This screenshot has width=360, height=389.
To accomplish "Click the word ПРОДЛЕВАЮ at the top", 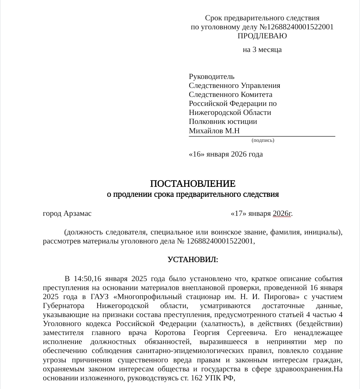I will pos(262,36).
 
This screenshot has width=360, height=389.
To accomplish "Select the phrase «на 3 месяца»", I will pos(262,50).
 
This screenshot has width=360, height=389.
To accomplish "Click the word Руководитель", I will pos(211,77).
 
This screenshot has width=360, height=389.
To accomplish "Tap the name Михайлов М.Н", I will pos(214,131).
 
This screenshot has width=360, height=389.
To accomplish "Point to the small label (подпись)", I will pos(263,140).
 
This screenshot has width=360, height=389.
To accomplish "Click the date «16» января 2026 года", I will pos(226,154).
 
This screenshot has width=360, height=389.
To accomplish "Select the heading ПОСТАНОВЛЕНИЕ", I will pos(193,184).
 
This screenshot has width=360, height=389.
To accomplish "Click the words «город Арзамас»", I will pos(67,213).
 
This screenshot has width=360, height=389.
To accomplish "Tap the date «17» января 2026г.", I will pos(262,213).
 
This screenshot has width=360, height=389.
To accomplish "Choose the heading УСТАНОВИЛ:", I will pos(193,259).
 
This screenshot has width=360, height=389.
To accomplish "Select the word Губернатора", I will pos(63,306).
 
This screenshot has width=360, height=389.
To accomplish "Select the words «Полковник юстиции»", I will pos(223,122).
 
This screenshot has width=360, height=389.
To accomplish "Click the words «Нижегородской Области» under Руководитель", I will pos(230,113).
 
